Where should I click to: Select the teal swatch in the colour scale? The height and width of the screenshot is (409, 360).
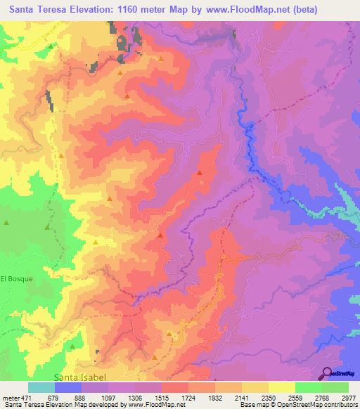(41, 387)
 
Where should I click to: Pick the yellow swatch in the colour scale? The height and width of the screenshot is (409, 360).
(281, 387)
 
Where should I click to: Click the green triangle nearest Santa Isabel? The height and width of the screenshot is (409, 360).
(72, 346)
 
